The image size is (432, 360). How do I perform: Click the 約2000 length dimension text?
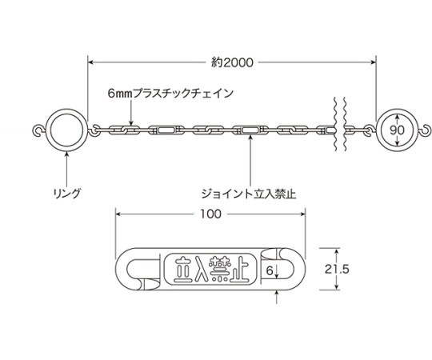(232, 62)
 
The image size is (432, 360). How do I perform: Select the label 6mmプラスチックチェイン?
(170, 93)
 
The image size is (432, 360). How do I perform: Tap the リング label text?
(67, 194)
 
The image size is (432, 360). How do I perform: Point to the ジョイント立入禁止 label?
(249, 194)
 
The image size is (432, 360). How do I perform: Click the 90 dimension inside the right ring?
(397, 130)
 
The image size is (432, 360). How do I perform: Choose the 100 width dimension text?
(210, 214)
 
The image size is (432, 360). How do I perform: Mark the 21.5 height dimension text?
(337, 269)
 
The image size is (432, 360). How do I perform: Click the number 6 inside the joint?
(270, 271)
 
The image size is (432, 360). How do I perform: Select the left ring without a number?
(66, 109)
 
